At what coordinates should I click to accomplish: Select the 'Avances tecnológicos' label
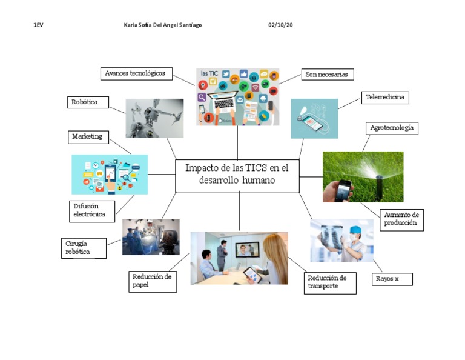(x=136, y=73)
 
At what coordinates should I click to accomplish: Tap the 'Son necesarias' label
(x=327, y=74)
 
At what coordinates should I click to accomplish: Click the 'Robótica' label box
(x=87, y=102)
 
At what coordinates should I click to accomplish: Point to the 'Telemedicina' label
(x=384, y=97)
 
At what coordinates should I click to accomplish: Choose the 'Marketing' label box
(x=87, y=137)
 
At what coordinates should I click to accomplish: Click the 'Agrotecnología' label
(x=392, y=128)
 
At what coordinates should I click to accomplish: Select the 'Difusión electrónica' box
(x=91, y=210)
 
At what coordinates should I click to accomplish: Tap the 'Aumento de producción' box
(x=401, y=219)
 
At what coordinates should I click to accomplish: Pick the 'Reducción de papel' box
(x=153, y=281)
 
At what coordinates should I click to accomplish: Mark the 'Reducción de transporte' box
(x=329, y=282)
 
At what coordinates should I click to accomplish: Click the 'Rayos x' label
(x=392, y=279)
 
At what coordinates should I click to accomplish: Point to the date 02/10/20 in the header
(x=280, y=25)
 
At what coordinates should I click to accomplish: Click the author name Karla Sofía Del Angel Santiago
(x=162, y=25)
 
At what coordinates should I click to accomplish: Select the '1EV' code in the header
(x=38, y=25)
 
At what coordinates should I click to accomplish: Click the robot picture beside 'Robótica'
(x=154, y=118)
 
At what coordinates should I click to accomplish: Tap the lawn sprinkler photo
(x=363, y=176)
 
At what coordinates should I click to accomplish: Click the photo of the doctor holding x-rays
(x=341, y=240)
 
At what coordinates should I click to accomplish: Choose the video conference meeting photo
(x=239, y=258)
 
